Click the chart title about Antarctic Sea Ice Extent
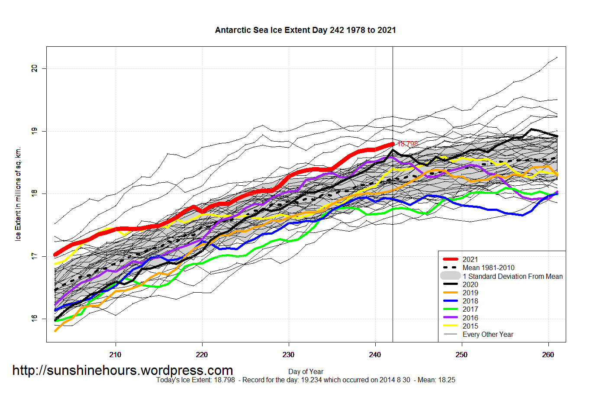click(305, 30)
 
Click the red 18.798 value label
click(407, 144)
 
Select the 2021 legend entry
click(470, 259)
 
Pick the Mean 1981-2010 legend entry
click(488, 268)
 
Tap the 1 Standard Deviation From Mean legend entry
click(512, 276)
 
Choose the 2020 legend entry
click(470, 284)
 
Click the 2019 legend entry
click(470, 293)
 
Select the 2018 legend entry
click(470, 301)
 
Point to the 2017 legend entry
click(470, 309)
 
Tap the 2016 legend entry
click(470, 318)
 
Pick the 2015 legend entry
click(470, 326)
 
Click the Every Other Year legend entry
click(488, 334)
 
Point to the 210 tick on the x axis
click(115, 355)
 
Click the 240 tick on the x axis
click(375, 355)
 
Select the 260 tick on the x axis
click(548, 355)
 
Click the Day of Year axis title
click(306, 371)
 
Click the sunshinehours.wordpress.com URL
click(122, 371)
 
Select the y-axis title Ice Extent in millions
click(18, 194)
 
